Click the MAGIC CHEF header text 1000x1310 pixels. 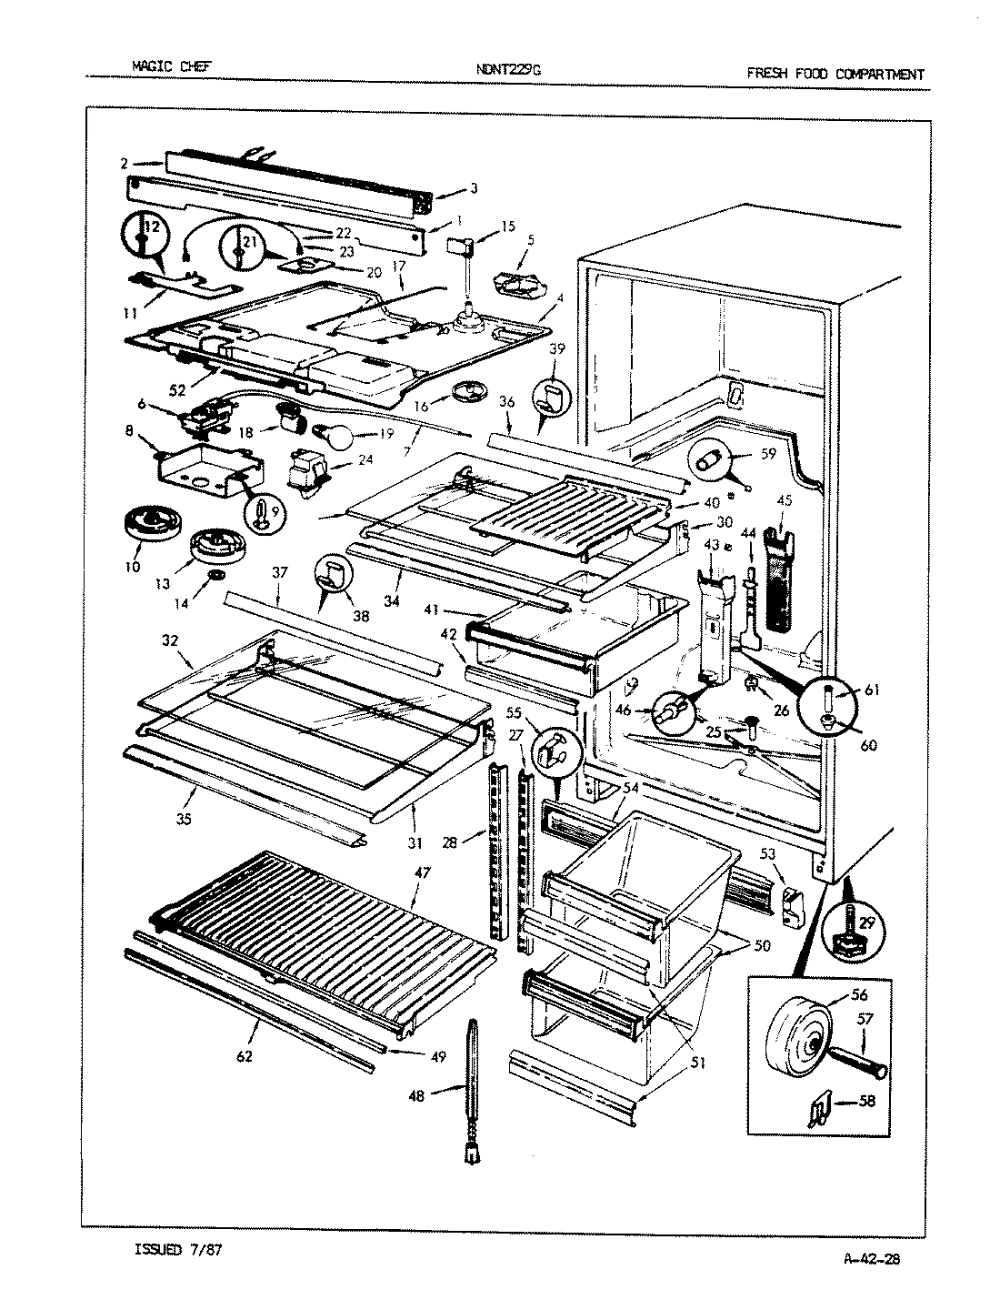[172, 66]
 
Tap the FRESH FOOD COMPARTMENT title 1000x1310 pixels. [835, 74]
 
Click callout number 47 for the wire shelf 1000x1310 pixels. [423, 872]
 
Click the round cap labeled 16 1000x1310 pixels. [468, 392]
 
